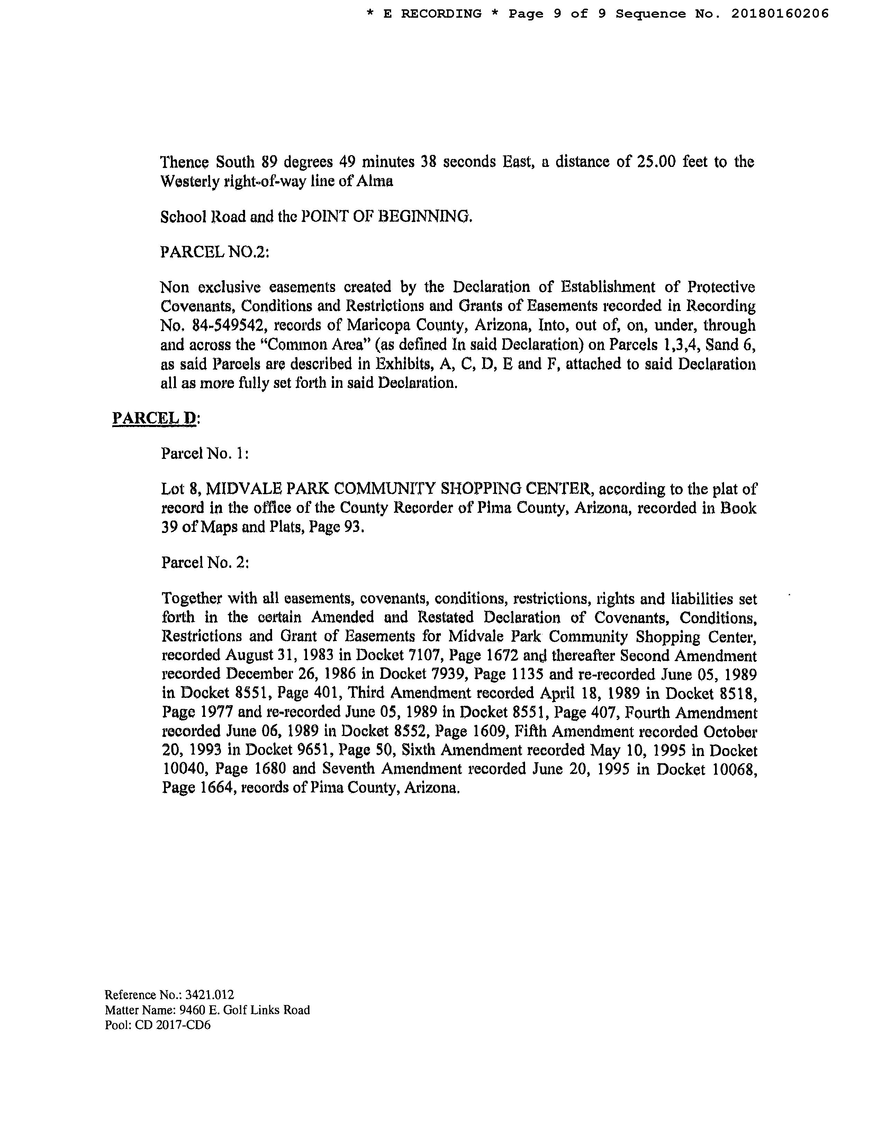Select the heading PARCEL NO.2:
click(215, 252)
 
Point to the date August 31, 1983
click(261, 656)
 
